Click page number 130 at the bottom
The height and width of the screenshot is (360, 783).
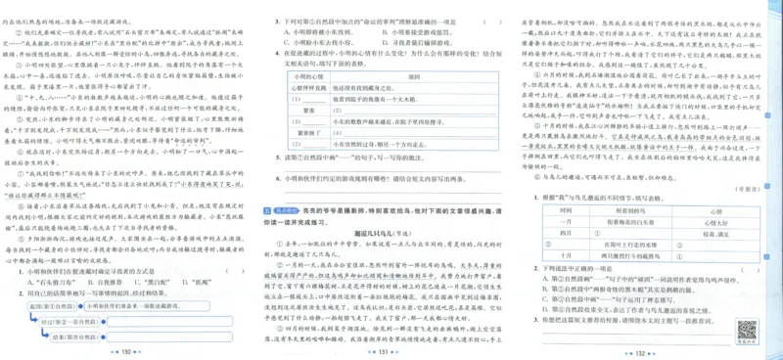click(124, 351)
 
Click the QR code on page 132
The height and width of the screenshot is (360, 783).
click(746, 329)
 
